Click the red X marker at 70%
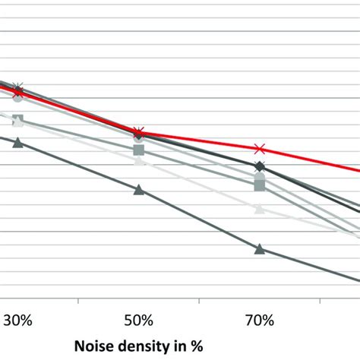click(x=260, y=149)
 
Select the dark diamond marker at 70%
click(x=260, y=166)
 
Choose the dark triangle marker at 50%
click(x=138, y=189)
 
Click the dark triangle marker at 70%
click(x=260, y=248)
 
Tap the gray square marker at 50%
click(x=138, y=150)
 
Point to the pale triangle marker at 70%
click(x=260, y=208)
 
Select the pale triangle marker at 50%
click(x=138, y=161)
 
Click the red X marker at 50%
click(x=138, y=132)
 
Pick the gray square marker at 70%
click(x=260, y=185)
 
